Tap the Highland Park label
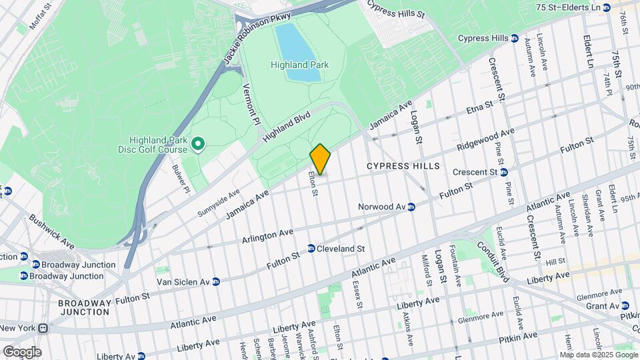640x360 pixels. pos(299,65)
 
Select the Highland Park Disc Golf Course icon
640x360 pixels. pos(197,143)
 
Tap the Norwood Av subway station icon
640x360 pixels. pos(412,207)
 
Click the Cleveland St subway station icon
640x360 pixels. pos(311,249)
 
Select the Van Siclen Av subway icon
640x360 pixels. pos(216,282)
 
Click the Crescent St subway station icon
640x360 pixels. pos(504,172)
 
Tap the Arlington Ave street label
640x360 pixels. pos(267,236)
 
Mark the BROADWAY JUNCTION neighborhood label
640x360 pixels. pos(84,307)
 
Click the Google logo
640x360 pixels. pos(22,351)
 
